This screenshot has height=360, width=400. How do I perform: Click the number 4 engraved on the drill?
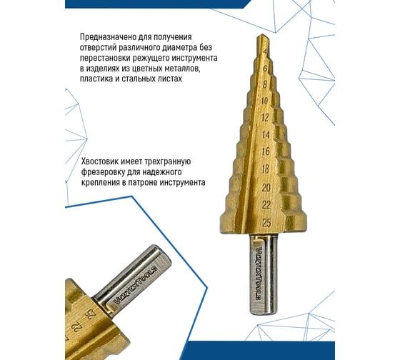266,52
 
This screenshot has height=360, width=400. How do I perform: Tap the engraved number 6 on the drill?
266,69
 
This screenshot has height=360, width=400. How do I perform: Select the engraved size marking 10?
265,101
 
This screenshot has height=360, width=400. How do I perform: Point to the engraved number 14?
266,134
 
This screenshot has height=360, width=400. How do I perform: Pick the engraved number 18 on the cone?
266,169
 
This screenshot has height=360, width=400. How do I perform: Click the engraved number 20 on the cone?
266,188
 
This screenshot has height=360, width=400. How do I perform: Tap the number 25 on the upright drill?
266,223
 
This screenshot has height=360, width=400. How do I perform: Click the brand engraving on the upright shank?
259,272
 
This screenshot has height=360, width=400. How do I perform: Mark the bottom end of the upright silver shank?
263,314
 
